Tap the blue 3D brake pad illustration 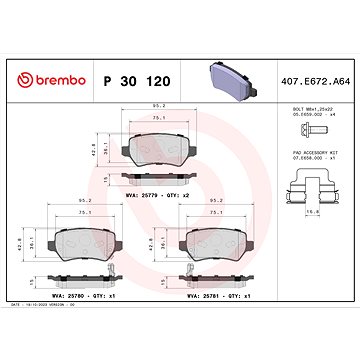point(230,61)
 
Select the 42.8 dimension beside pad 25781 point(151,242)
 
